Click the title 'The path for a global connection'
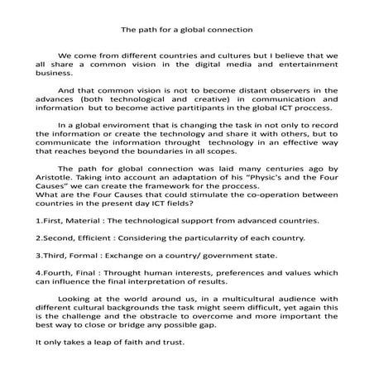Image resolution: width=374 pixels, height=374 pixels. click(x=186, y=30)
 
